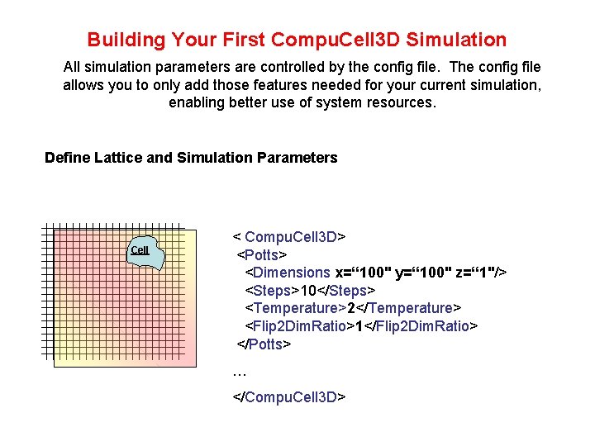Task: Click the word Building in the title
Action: [126, 40]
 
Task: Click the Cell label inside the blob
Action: [140, 250]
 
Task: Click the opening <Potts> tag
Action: [263, 254]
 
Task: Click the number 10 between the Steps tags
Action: [308, 291]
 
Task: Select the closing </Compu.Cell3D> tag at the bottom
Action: [288, 397]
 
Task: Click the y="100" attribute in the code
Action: [424, 273]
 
